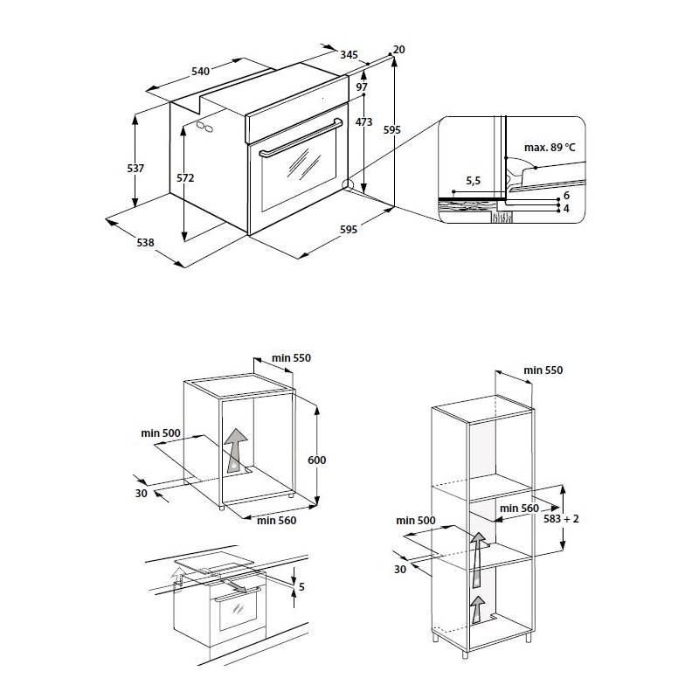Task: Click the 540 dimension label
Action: point(200,72)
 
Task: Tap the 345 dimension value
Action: point(349,55)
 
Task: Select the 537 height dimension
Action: point(135,169)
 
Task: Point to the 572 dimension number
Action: point(185,178)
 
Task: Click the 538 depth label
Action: point(145,243)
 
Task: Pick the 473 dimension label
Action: point(363,121)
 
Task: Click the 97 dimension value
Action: point(362,87)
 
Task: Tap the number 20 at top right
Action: point(399,50)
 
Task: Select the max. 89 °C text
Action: point(550,147)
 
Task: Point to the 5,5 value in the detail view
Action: point(473,181)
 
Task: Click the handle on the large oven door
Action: point(301,138)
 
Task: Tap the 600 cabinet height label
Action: point(317,460)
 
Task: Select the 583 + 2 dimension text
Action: point(561,519)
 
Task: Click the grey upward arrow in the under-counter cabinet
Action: point(236,451)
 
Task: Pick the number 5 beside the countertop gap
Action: point(301,586)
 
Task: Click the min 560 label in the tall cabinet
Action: point(519,509)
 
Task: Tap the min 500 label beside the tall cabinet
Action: point(416,520)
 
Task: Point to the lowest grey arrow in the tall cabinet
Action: point(477,609)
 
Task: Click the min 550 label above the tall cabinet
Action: point(543,370)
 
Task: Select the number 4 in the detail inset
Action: point(566,209)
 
